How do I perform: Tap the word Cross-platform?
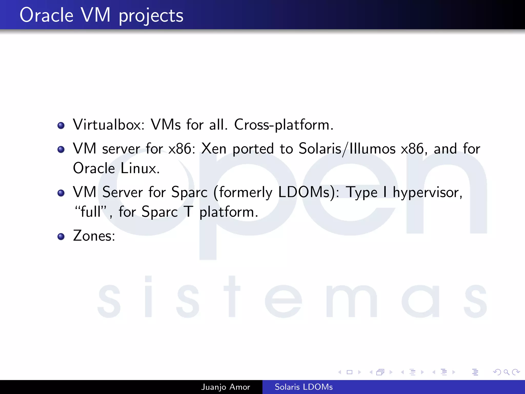click(284, 125)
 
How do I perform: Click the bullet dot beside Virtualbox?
click(61, 125)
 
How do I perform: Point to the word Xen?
click(214, 149)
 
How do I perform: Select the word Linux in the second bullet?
click(140, 169)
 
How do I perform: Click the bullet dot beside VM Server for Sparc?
click(61, 193)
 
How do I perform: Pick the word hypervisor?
click(427, 193)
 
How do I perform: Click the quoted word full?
click(91, 212)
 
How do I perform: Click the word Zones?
click(94, 236)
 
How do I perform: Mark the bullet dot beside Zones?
click(61, 236)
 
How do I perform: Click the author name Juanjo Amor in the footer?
click(225, 387)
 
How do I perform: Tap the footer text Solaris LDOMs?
click(304, 387)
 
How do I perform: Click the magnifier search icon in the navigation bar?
click(506, 372)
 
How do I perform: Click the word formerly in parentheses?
click(245, 193)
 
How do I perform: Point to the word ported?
click(253, 149)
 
